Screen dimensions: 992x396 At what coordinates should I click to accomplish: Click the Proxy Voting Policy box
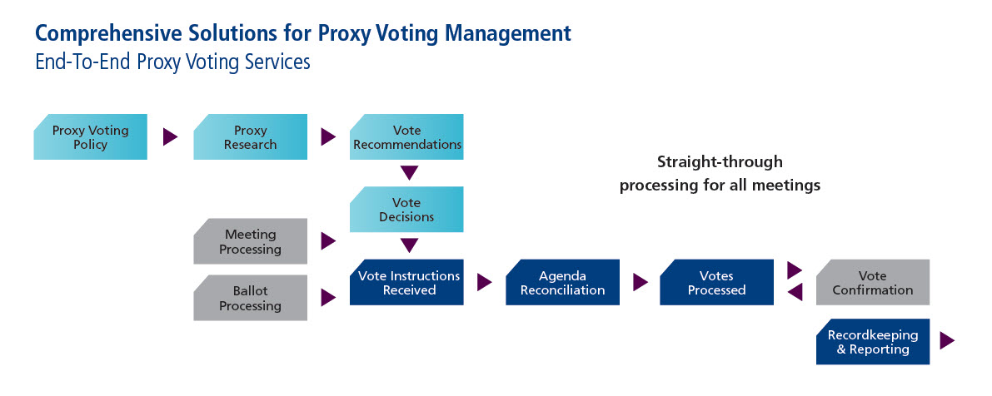(x=91, y=136)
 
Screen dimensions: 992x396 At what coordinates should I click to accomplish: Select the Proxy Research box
(x=251, y=136)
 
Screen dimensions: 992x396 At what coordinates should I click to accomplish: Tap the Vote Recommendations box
(x=406, y=136)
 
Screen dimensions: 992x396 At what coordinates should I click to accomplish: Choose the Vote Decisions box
(x=406, y=209)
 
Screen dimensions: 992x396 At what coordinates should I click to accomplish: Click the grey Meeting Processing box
(x=251, y=241)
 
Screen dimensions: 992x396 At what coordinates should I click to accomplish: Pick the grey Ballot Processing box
(x=251, y=298)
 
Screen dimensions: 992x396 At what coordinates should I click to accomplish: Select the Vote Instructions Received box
(x=406, y=282)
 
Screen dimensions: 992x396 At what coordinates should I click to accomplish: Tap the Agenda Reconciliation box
(x=562, y=282)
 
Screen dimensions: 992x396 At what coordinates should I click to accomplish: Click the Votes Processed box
(x=717, y=282)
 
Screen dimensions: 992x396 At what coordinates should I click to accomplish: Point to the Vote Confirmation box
(x=873, y=282)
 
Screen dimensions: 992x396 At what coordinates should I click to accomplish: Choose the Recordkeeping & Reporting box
(x=873, y=342)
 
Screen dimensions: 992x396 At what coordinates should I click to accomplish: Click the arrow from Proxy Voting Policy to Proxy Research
(x=170, y=136)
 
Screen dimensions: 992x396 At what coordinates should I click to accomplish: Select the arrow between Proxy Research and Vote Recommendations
(x=327, y=136)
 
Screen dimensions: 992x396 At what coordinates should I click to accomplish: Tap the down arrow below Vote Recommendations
(x=410, y=172)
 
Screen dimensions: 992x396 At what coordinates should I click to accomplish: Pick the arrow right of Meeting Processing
(x=327, y=240)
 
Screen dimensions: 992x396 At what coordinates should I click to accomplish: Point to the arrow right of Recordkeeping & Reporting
(x=947, y=340)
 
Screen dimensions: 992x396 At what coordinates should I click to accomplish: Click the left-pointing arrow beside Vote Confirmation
(x=795, y=291)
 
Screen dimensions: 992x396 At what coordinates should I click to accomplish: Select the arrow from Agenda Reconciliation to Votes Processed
(x=641, y=282)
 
